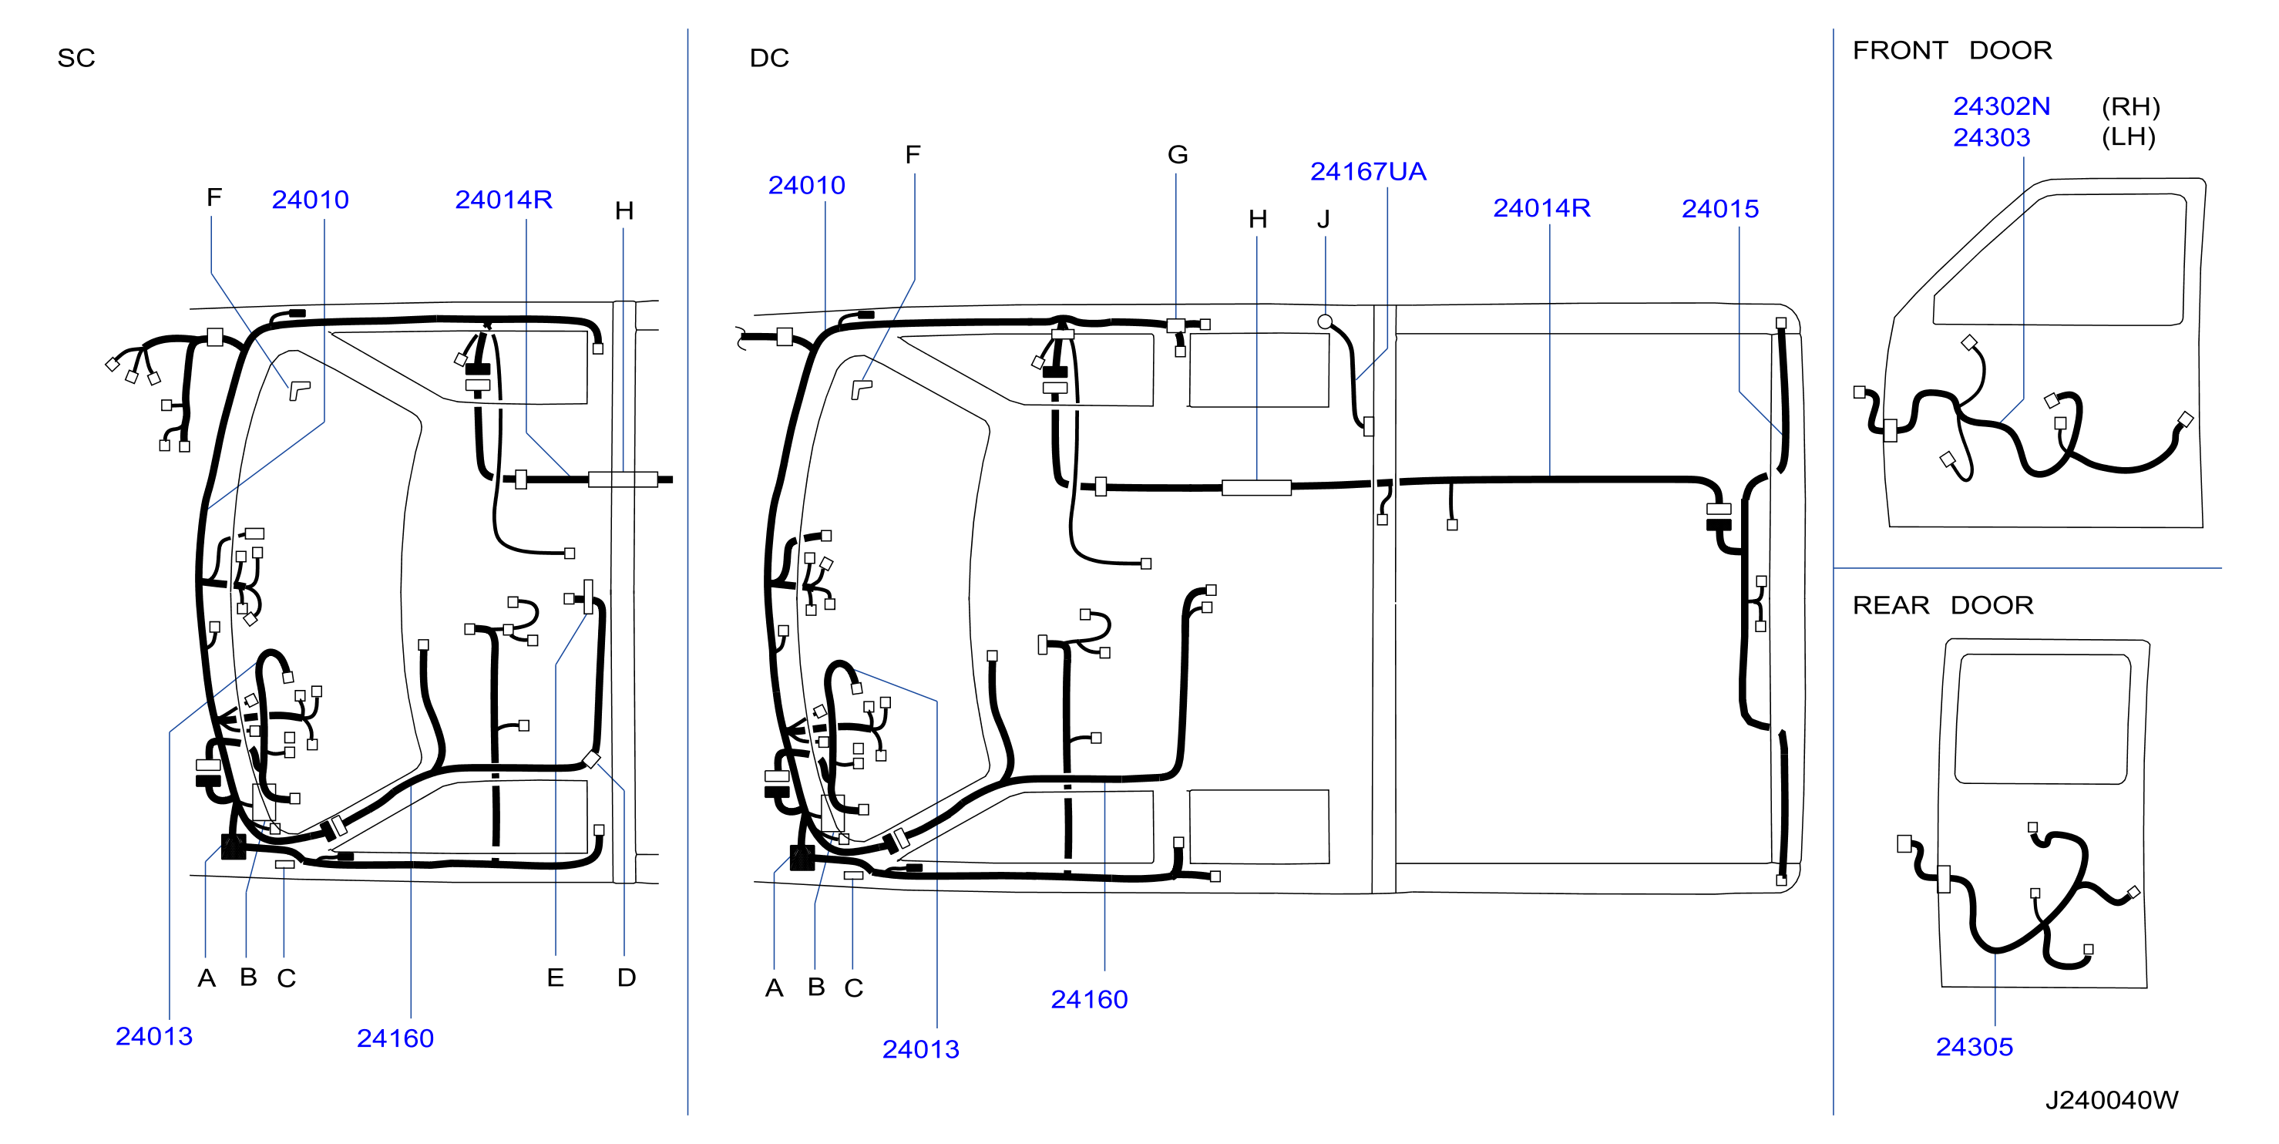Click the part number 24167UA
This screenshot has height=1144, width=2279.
pyautogui.click(x=1368, y=172)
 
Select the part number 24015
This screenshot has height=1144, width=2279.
pyautogui.click(x=1720, y=209)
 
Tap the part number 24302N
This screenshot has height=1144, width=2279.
pyautogui.click(x=2002, y=106)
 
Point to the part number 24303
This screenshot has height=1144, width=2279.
pyautogui.click(x=1992, y=137)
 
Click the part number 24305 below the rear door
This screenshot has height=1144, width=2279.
pyautogui.click(x=1974, y=1047)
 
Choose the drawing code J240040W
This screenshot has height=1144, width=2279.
pyautogui.click(x=2111, y=1100)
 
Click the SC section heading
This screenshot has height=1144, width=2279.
pyautogui.click(x=76, y=59)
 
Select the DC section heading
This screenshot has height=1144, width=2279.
pyautogui.click(x=769, y=59)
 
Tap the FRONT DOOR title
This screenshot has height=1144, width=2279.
pyautogui.click(x=1951, y=50)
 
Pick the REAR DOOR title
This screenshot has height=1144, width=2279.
pyautogui.click(x=1943, y=605)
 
